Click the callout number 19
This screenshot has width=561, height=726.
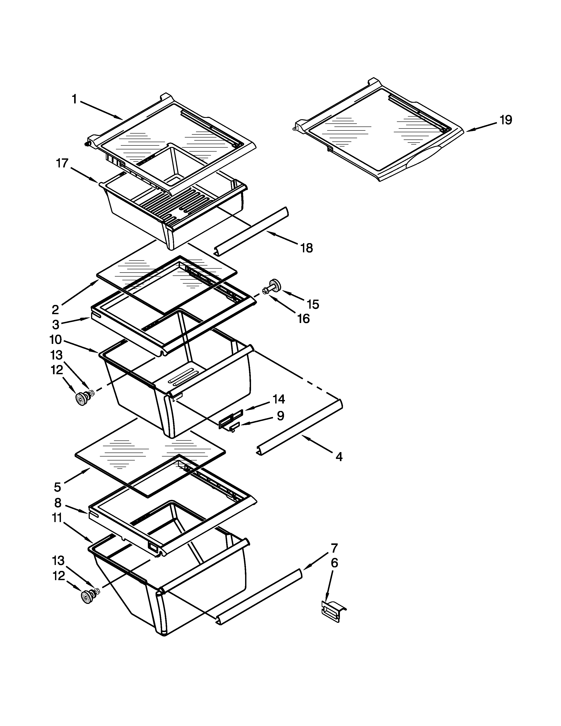tap(506, 120)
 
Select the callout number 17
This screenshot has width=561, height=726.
tap(62, 163)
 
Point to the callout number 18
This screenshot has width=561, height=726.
tap(306, 248)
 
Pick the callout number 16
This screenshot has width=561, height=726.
tap(303, 319)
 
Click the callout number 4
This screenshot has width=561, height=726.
tap(339, 457)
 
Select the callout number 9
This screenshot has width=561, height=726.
tap(280, 416)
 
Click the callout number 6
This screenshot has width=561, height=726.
tap(334, 563)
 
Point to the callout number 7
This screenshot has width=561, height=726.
tap(334, 548)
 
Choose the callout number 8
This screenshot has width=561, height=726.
tap(58, 503)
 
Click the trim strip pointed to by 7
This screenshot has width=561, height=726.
tap(259, 597)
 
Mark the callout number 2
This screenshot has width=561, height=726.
tap(55, 310)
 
